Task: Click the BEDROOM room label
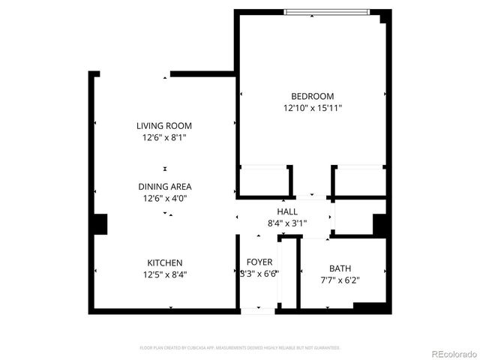312,96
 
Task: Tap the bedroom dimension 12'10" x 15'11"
312,108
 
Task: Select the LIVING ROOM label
164,125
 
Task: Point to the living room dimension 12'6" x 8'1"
164,137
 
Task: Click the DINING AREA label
164,187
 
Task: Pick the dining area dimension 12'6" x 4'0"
164,199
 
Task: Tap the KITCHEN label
164,262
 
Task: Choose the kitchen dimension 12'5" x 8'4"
164,274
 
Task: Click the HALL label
287,212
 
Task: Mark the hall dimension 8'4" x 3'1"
287,223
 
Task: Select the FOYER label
259,262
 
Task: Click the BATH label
340,268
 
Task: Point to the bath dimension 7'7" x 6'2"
340,280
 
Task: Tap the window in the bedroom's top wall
326,11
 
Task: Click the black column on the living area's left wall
98,225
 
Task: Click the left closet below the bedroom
263,181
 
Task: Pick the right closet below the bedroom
359,181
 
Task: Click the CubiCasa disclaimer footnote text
240,348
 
